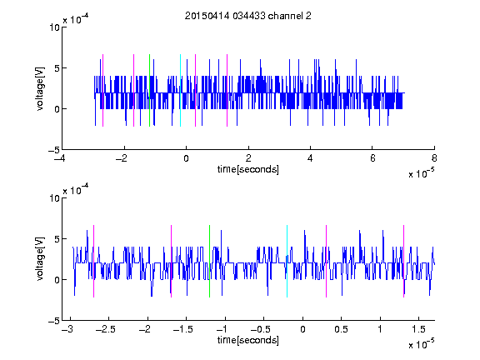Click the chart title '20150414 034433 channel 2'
pos(248,16)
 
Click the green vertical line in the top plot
pos(149,90)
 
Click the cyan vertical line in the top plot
pos(180,90)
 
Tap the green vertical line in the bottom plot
pos(210,261)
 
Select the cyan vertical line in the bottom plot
pos(287,261)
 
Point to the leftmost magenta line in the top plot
pos(102,90)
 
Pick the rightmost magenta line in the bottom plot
pos(404,261)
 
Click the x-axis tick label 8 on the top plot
pos(434,158)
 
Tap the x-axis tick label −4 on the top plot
pos(60,158)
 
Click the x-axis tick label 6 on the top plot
pos(372,158)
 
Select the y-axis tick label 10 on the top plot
pos(55,27)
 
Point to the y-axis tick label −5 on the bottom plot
pos(54,321)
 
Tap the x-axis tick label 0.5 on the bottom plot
pos(342,329)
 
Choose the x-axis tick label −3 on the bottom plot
pos(67,329)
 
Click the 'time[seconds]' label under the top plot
pos(248,169)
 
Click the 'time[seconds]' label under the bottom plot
pos(248,340)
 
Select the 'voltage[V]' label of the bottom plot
pos(40,259)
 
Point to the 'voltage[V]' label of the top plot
pos(40,88)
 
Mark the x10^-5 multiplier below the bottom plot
pos(421,344)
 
